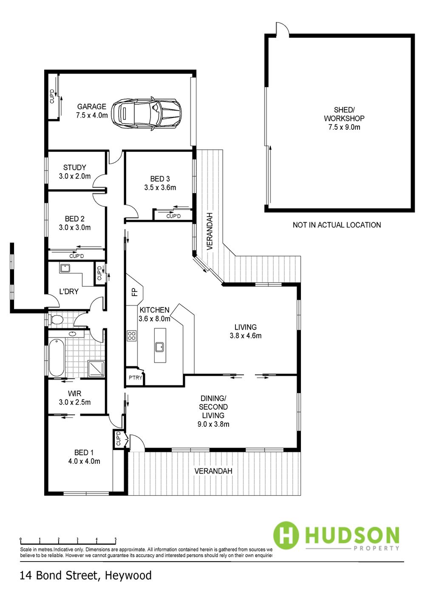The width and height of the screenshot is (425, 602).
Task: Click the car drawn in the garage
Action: click(x=147, y=114)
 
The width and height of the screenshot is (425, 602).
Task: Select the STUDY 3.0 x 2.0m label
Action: click(x=75, y=172)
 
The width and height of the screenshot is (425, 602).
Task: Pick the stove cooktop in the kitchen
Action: click(x=132, y=336)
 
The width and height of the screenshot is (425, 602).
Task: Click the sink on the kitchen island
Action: click(x=160, y=347)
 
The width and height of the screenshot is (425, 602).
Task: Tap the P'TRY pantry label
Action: click(x=135, y=378)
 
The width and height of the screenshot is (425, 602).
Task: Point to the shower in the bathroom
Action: click(x=96, y=369)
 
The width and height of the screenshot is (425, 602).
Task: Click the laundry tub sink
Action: click(x=65, y=268)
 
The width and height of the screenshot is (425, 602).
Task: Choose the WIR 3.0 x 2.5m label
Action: click(x=75, y=398)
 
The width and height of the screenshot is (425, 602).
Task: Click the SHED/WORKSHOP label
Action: click(x=344, y=118)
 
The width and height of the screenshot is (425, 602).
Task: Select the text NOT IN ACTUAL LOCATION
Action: click(x=337, y=225)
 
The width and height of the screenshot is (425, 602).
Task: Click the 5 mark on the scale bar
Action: click(x=116, y=539)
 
